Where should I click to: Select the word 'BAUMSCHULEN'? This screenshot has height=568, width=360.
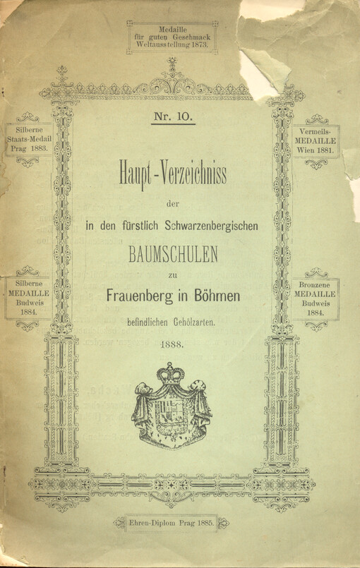click(173, 251)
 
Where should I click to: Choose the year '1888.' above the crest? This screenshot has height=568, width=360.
click(172, 345)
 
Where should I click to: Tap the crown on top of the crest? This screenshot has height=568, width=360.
click(171, 373)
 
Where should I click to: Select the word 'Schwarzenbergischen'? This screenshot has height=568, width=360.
click(211, 225)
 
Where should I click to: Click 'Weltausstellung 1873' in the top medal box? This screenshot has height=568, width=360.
click(172, 43)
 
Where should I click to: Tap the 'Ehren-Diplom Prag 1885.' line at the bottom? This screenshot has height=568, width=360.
click(172, 523)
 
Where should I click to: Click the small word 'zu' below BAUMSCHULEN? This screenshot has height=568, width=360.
click(172, 274)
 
